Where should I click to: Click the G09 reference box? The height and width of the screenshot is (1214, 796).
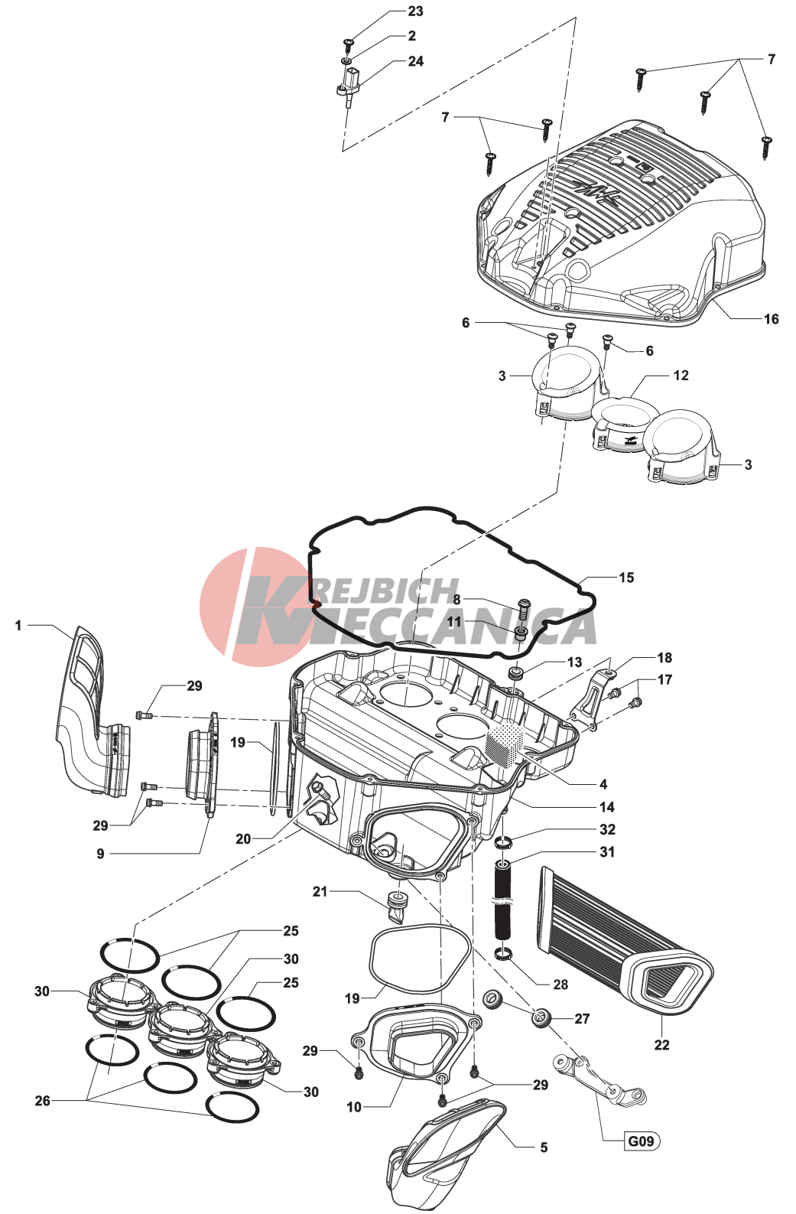click(641, 1141)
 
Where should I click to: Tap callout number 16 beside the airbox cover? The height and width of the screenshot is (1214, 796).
click(771, 319)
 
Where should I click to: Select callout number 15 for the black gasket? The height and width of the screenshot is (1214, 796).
click(625, 578)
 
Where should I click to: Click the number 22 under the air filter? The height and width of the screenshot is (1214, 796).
click(661, 1044)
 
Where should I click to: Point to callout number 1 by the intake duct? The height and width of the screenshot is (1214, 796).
click(18, 626)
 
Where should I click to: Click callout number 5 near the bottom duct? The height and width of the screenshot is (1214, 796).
click(544, 1147)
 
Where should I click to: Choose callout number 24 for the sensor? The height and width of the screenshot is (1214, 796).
click(416, 61)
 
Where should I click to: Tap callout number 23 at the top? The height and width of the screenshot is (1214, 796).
click(415, 11)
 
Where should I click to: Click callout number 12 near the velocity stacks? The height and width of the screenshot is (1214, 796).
click(681, 375)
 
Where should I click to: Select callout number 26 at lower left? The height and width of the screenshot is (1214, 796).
click(42, 1101)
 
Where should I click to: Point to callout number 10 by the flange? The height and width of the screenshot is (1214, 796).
click(354, 1107)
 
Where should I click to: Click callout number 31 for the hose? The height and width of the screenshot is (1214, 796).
click(607, 852)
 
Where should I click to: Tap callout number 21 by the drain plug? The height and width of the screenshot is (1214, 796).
click(320, 891)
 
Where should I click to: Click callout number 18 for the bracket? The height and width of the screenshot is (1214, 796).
click(664, 657)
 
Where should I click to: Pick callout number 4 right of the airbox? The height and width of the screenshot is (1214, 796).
click(603, 784)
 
